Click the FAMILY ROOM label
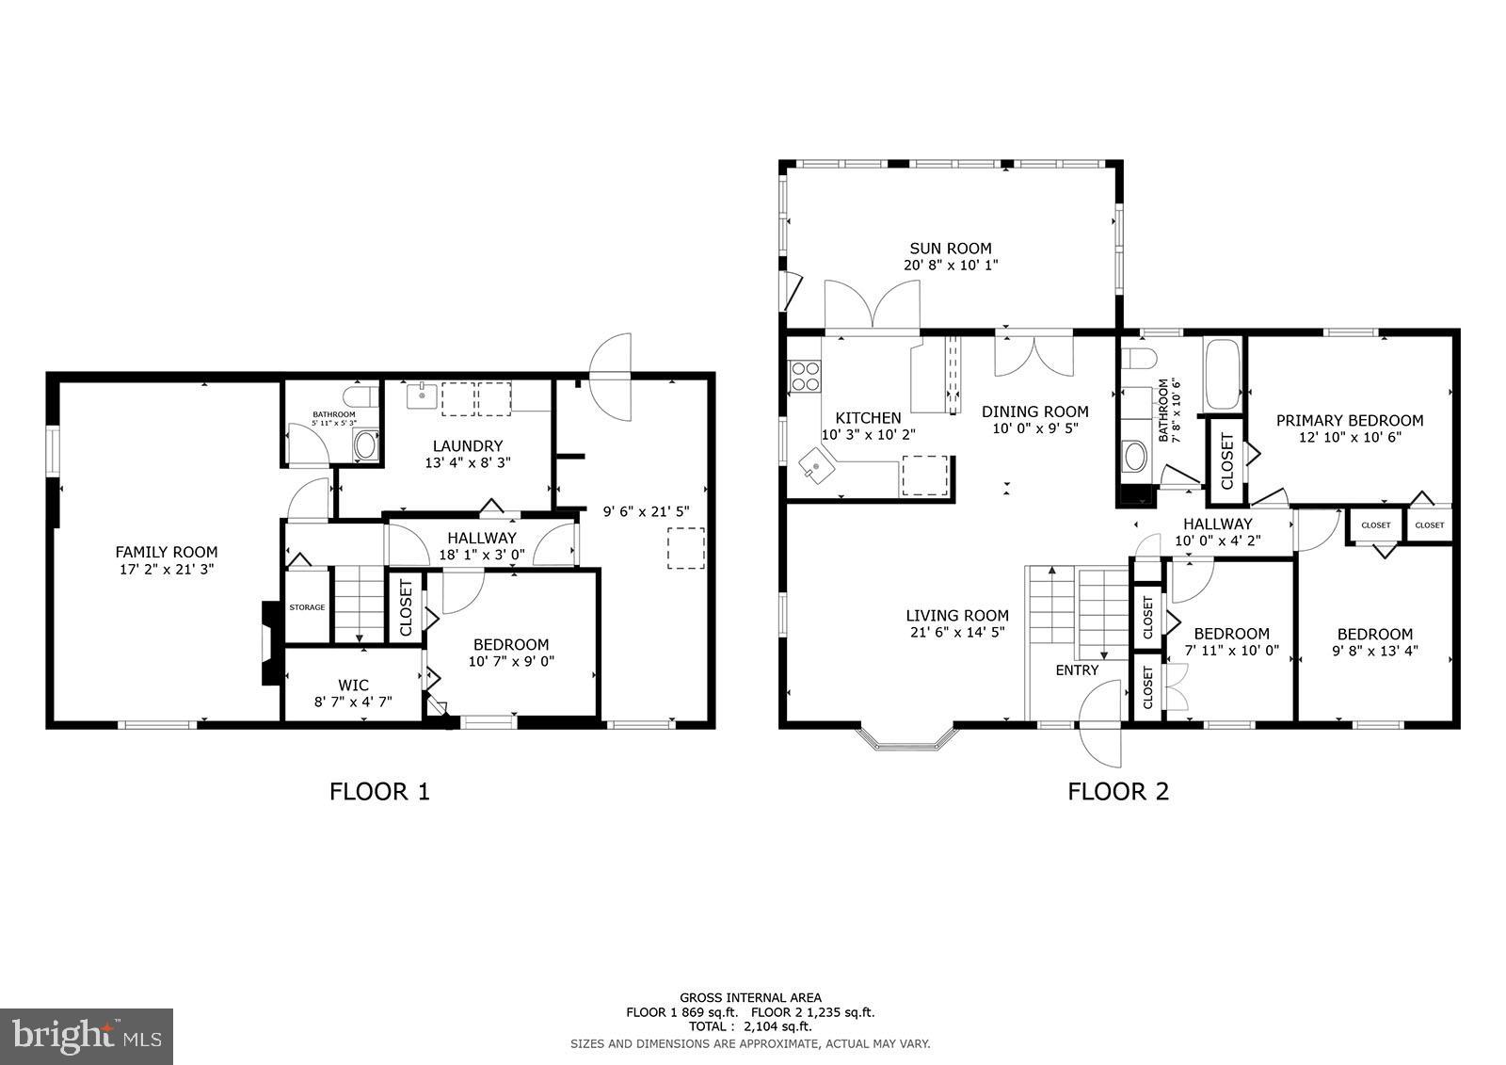click(x=166, y=553)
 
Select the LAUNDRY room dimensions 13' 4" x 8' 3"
click(x=468, y=462)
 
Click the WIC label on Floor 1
click(x=353, y=685)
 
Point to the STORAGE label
click(x=307, y=607)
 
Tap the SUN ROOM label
click(x=950, y=249)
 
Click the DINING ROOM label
click(x=1034, y=411)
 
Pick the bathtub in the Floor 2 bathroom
click(x=1223, y=375)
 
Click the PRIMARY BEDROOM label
click(x=1349, y=420)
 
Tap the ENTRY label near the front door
click(x=1077, y=670)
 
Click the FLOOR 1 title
click(x=379, y=791)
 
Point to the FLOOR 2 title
click(x=1117, y=791)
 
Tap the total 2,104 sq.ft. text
click(x=750, y=1026)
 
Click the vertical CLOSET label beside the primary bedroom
click(x=1226, y=461)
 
